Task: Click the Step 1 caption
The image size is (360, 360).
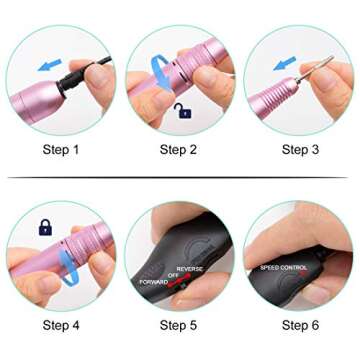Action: pos(60,150)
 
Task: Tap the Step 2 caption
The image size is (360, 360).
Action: pos(179,150)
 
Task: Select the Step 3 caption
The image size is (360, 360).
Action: pos(300,150)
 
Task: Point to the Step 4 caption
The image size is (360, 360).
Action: pos(60,325)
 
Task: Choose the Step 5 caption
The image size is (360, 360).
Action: pos(179,325)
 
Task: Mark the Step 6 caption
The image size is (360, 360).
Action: pos(300,325)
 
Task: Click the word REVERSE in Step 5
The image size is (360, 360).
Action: pos(190,268)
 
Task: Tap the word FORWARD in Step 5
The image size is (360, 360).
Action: pos(153,282)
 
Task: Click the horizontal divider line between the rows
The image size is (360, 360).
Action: pos(180,178)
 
